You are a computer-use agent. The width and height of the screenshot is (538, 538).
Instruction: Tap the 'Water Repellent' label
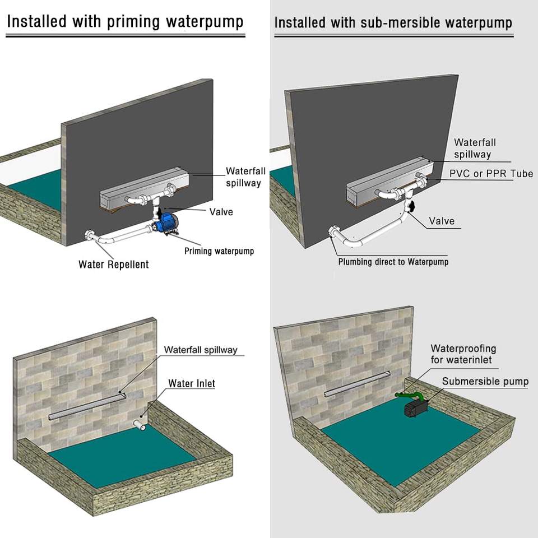tap(114, 264)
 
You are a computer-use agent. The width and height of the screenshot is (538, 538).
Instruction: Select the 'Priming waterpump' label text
tap(219, 251)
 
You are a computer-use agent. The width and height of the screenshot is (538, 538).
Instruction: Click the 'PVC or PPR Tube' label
tap(491, 174)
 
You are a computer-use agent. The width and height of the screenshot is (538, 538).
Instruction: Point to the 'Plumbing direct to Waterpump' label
tap(393, 262)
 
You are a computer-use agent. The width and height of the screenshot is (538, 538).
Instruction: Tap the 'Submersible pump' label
tap(485, 382)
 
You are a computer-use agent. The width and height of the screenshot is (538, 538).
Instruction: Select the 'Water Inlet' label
tap(192, 383)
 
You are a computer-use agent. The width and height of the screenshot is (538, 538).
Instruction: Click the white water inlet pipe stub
tap(139, 426)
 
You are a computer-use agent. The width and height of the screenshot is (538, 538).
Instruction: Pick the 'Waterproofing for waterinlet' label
tap(463, 354)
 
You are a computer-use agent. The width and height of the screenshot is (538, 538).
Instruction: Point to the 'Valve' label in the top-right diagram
tap(442, 221)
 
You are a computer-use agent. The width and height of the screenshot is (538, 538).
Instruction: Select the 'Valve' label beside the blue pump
tap(221, 212)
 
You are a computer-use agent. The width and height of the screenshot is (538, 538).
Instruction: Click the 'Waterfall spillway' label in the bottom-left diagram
tap(201, 350)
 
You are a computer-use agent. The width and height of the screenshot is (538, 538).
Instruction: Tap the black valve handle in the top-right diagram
tap(412, 206)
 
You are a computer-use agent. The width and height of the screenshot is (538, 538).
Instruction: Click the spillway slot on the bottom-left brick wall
tap(87, 407)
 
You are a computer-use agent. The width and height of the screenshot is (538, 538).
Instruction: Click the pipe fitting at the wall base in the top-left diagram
tap(90, 236)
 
